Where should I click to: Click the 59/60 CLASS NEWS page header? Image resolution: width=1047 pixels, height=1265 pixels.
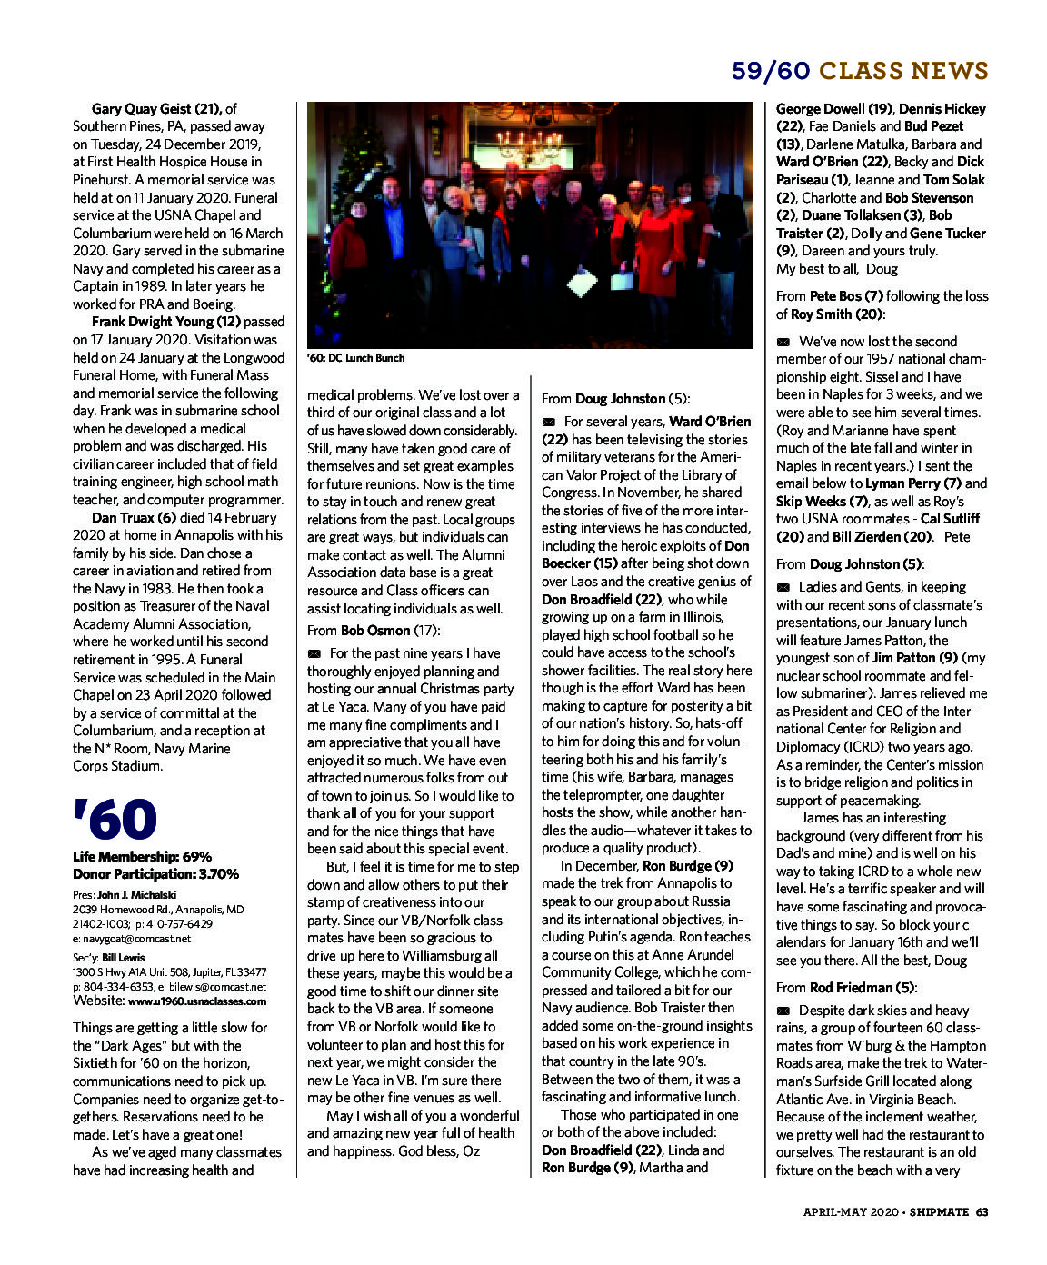859,71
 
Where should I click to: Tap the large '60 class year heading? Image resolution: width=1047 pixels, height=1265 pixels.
115,820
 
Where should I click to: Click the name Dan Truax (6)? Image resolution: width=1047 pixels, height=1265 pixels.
134,517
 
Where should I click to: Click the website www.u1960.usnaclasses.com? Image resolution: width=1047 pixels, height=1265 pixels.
197,1001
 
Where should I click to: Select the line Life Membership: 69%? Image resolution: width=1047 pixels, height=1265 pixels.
142,856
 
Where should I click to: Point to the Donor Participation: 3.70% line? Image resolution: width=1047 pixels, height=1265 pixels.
155,873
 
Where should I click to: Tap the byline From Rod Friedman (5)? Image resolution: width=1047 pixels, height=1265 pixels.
846,987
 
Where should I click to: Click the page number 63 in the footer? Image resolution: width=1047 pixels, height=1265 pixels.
982,1211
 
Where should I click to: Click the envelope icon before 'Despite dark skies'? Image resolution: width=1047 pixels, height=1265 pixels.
783,1011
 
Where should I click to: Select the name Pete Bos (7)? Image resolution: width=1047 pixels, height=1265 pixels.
846,296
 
